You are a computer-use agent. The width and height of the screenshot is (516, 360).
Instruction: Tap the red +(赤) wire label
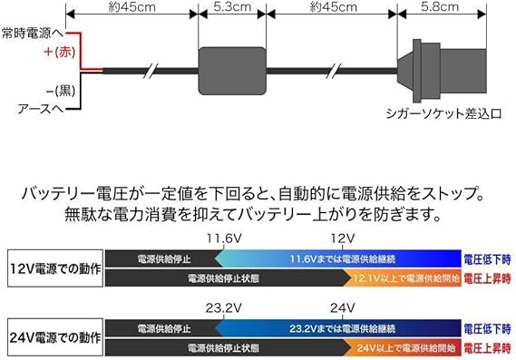coord(61,53)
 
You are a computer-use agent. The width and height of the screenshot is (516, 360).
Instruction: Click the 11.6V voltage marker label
coord(220,238)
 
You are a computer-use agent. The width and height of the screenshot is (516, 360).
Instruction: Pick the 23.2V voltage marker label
coord(220,306)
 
